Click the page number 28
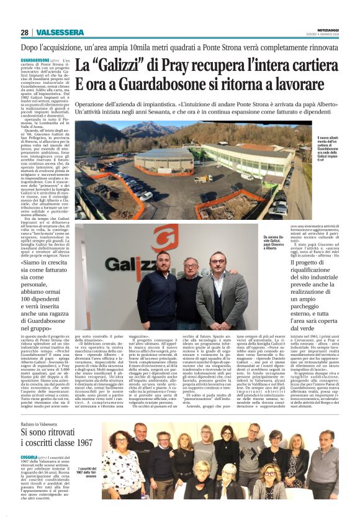coord(24,33)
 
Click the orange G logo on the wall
coord(165,239)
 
